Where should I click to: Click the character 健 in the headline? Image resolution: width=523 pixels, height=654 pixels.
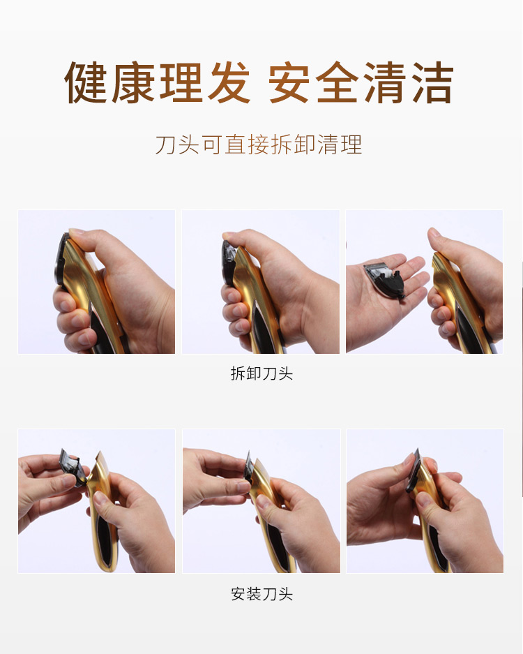point(86,82)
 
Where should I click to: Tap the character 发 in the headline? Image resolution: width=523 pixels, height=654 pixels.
point(229,82)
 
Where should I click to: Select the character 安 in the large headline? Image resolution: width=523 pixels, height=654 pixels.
point(289,82)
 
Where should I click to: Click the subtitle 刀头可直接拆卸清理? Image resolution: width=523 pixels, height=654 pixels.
point(259,144)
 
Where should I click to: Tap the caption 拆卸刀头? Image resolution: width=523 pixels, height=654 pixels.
point(261,373)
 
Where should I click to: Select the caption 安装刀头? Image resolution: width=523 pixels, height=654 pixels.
point(261,593)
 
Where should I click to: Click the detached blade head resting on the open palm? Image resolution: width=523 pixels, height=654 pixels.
point(384,278)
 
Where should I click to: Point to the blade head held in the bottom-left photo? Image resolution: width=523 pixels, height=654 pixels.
point(74,468)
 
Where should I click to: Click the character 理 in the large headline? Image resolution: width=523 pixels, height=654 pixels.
point(181,82)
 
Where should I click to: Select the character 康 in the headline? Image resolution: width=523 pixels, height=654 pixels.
point(133,82)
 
